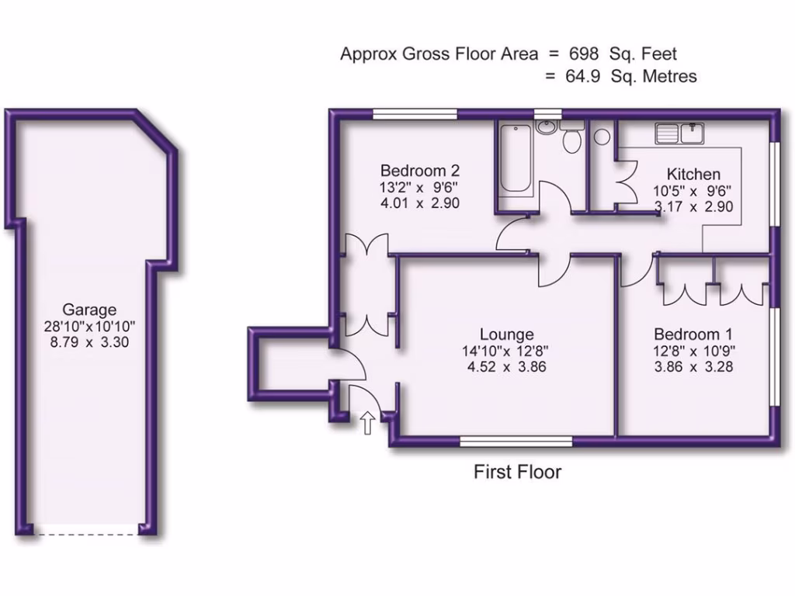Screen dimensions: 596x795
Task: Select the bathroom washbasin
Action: point(546,126)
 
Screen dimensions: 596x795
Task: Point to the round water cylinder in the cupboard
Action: point(602,137)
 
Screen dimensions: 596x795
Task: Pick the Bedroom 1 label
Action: point(687,334)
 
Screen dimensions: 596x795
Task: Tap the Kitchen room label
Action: point(693,174)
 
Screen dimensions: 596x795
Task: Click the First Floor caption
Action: point(517,472)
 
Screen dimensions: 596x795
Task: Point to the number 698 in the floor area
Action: point(583,54)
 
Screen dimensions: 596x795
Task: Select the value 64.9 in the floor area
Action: point(583,76)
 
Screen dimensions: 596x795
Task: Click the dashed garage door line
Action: point(89,534)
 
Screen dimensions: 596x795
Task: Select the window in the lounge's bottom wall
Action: point(516,442)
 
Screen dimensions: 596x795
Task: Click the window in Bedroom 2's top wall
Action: point(414,115)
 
